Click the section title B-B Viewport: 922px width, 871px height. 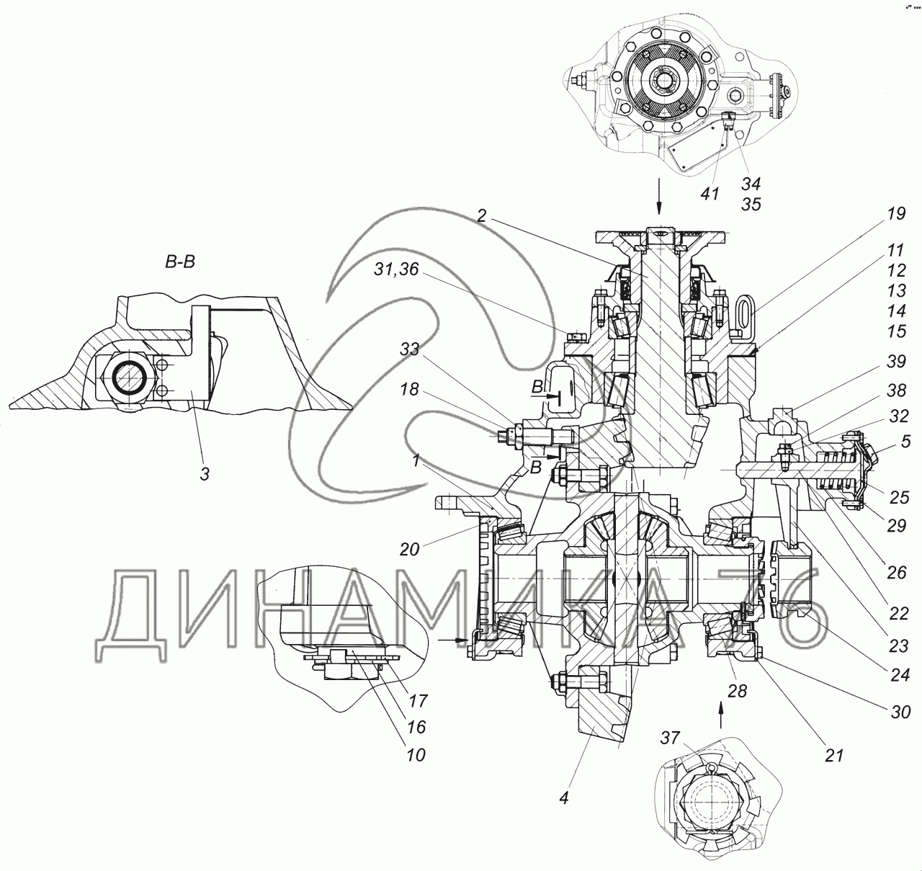coord(180,262)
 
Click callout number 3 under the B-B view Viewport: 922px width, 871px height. coord(205,474)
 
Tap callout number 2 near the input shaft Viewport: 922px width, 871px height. coord(482,215)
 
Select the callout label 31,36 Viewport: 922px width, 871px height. coord(396,269)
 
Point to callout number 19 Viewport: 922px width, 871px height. coord(896,214)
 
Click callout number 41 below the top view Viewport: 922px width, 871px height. coord(710,194)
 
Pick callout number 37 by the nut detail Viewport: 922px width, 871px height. coord(670,738)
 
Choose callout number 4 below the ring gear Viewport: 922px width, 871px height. coord(564,798)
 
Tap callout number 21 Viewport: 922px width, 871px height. coord(834,756)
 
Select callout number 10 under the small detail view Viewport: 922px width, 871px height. coord(416,755)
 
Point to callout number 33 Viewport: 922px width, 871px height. coord(409,349)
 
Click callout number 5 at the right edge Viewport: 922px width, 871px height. coord(905,442)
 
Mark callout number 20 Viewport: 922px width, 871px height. coord(409,550)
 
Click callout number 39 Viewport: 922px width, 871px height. coord(896,362)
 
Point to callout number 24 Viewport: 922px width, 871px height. coord(900,674)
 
